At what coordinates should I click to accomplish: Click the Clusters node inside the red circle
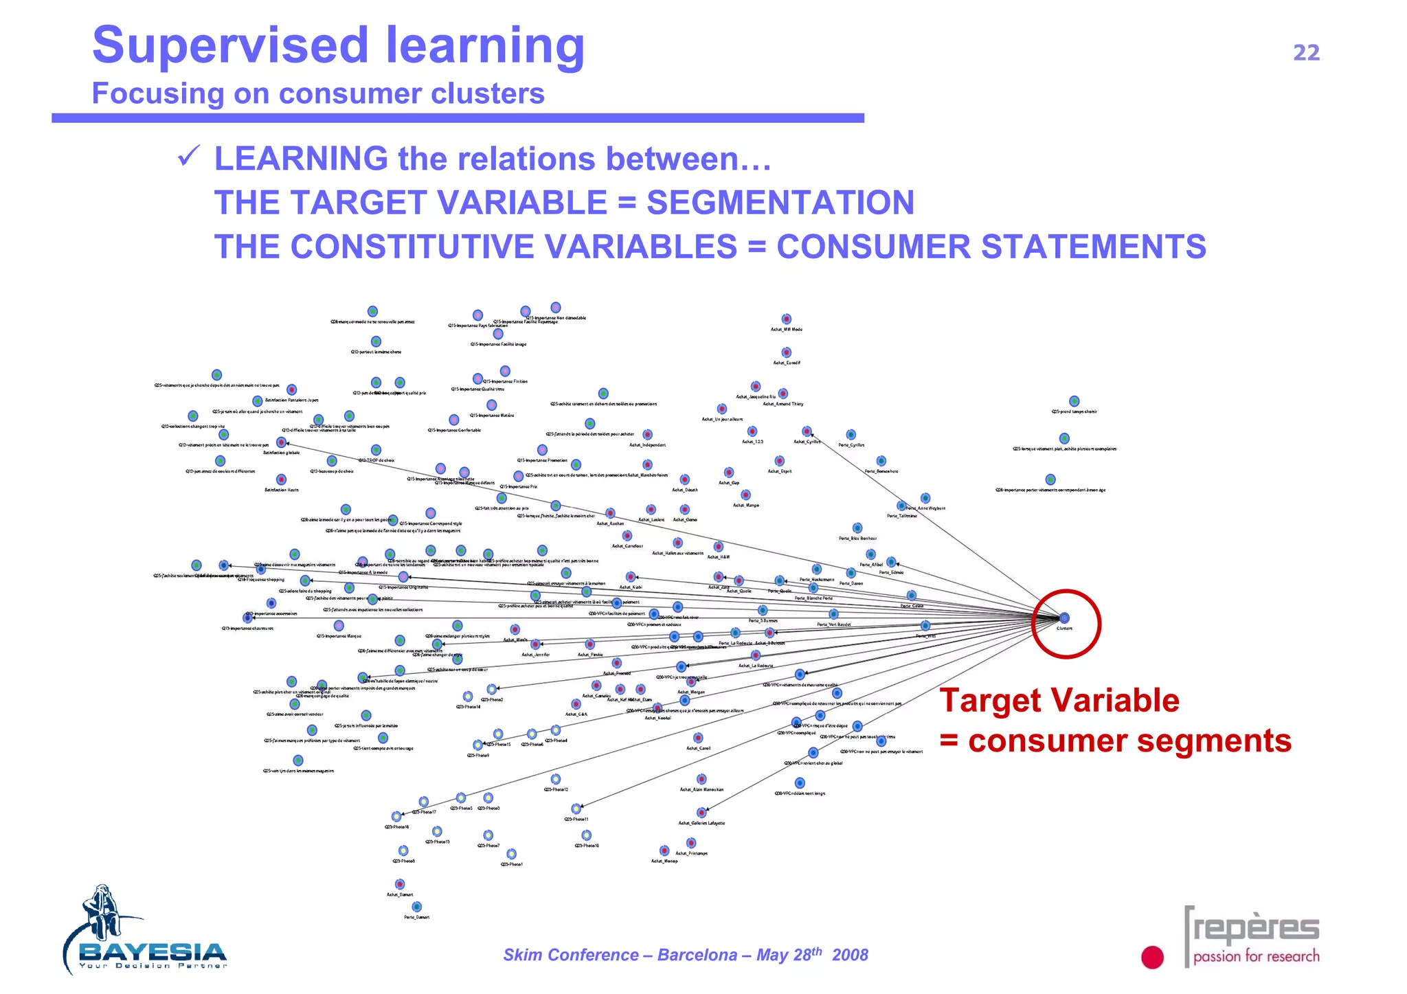tap(1064, 618)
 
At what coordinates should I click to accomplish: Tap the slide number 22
tap(1306, 53)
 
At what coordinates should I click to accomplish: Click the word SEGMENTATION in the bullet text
tap(780, 203)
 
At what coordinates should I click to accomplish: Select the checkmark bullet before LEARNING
tap(188, 157)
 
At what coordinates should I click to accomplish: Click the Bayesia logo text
tap(153, 952)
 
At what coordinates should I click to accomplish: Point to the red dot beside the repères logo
tap(1152, 957)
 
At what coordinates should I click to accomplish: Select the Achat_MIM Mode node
tap(787, 319)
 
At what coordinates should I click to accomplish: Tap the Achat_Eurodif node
tap(787, 352)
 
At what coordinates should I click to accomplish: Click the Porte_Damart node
tap(416, 907)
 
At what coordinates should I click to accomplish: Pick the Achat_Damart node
tap(400, 884)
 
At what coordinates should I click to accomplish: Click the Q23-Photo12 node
tap(556, 779)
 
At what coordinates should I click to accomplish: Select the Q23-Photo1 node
tap(512, 854)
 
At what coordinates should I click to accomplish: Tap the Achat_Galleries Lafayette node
tap(701, 813)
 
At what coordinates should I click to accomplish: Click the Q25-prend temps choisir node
tap(1074, 401)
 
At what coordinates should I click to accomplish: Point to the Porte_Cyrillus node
tap(851, 435)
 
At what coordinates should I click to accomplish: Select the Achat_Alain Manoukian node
tap(701, 779)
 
